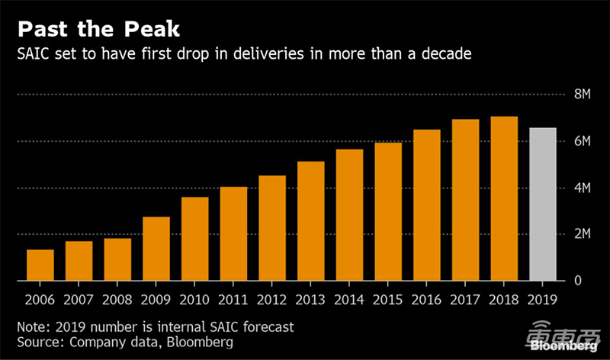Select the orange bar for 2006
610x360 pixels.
pos(40,265)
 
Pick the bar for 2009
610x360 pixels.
pos(156,249)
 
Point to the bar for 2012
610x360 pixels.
pos(272,228)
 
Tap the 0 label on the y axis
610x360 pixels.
pos(576,281)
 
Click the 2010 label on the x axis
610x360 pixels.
pos(195,300)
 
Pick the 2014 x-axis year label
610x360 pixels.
pos(349,300)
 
